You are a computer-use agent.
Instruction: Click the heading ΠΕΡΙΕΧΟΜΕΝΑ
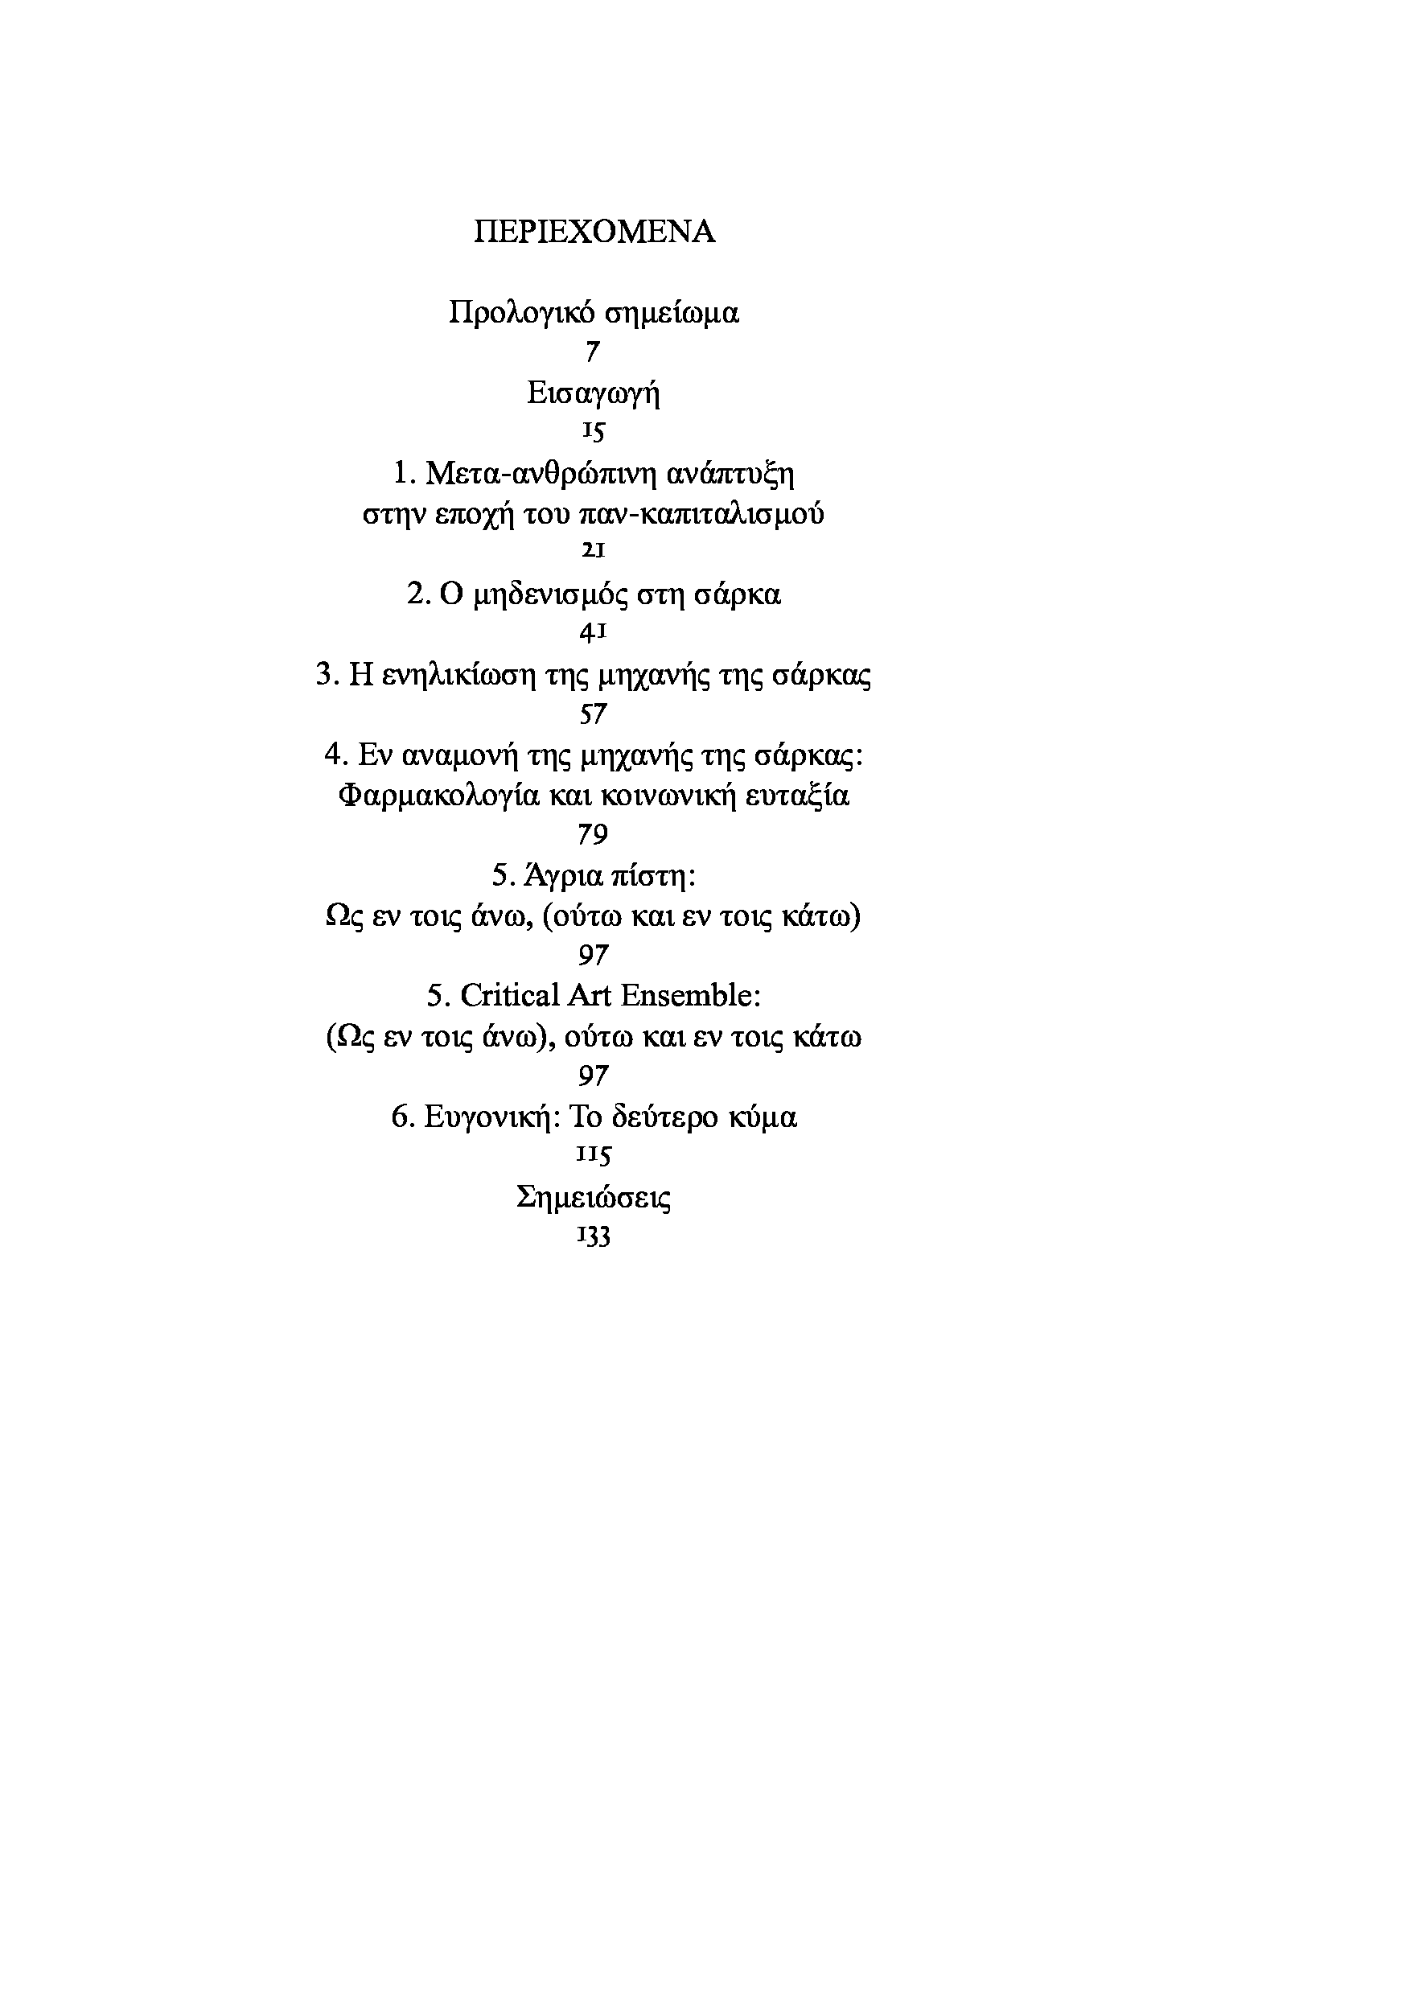coord(594,232)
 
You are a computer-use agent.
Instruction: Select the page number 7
coord(593,352)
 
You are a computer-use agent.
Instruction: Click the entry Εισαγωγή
coord(594,393)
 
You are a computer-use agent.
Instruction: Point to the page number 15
coord(593,432)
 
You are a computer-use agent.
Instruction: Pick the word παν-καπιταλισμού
coord(701,513)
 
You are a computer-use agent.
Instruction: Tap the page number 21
coord(593,551)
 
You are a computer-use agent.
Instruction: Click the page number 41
coord(593,632)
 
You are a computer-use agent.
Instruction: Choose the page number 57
coord(593,714)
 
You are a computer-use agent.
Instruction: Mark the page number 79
coord(593,835)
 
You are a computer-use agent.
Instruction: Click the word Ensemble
coord(691,996)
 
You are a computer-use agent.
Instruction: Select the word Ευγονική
coord(491,1117)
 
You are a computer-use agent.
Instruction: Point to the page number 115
coord(593,1155)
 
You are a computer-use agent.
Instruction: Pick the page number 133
coord(593,1236)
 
